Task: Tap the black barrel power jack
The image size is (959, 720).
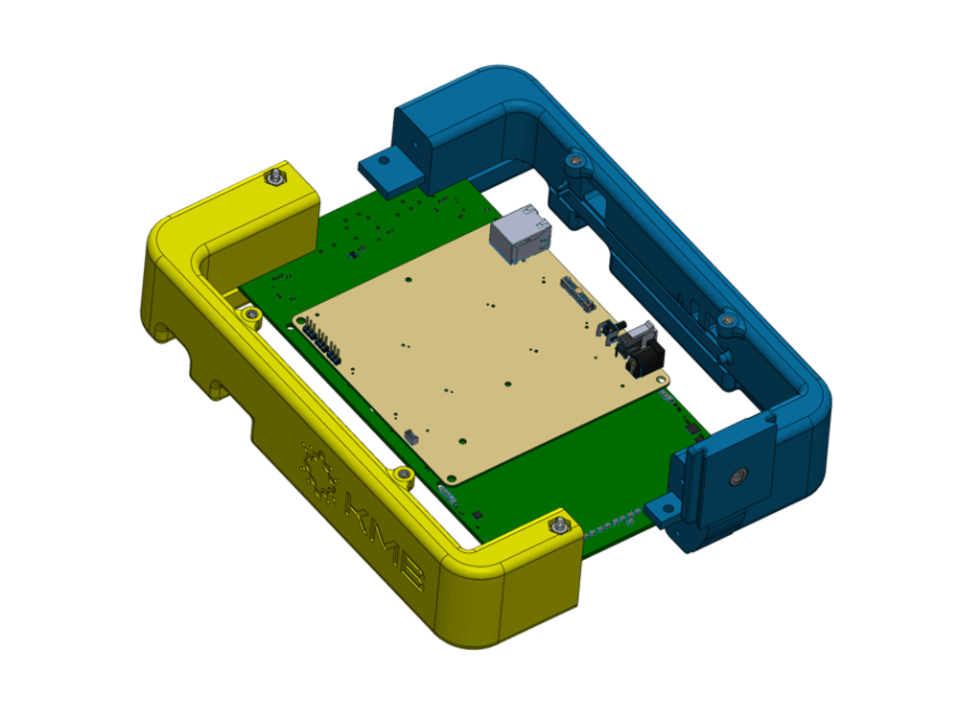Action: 642,356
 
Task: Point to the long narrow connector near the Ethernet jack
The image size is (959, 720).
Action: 577,294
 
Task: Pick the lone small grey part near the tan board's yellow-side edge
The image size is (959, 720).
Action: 411,435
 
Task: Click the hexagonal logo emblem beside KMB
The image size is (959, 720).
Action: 317,469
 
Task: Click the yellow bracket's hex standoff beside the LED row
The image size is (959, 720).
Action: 557,524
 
